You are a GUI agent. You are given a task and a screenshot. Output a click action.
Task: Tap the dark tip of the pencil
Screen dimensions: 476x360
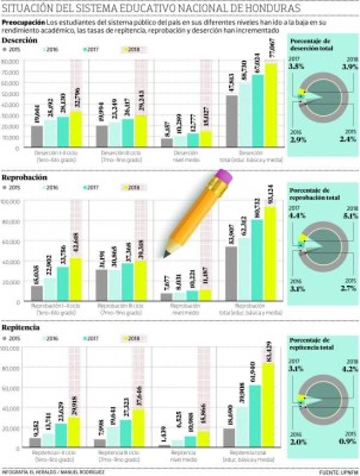(x=167, y=254)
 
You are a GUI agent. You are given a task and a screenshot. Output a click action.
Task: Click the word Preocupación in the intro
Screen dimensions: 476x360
(x=23, y=24)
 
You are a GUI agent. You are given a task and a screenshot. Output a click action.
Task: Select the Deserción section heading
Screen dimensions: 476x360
(x=20, y=40)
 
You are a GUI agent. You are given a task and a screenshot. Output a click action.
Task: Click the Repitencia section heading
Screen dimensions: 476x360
(x=21, y=328)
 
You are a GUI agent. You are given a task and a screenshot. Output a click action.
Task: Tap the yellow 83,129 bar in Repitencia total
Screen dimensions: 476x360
(x=269, y=405)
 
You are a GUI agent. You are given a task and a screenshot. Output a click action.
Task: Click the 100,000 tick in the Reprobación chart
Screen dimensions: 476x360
(x=11, y=202)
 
